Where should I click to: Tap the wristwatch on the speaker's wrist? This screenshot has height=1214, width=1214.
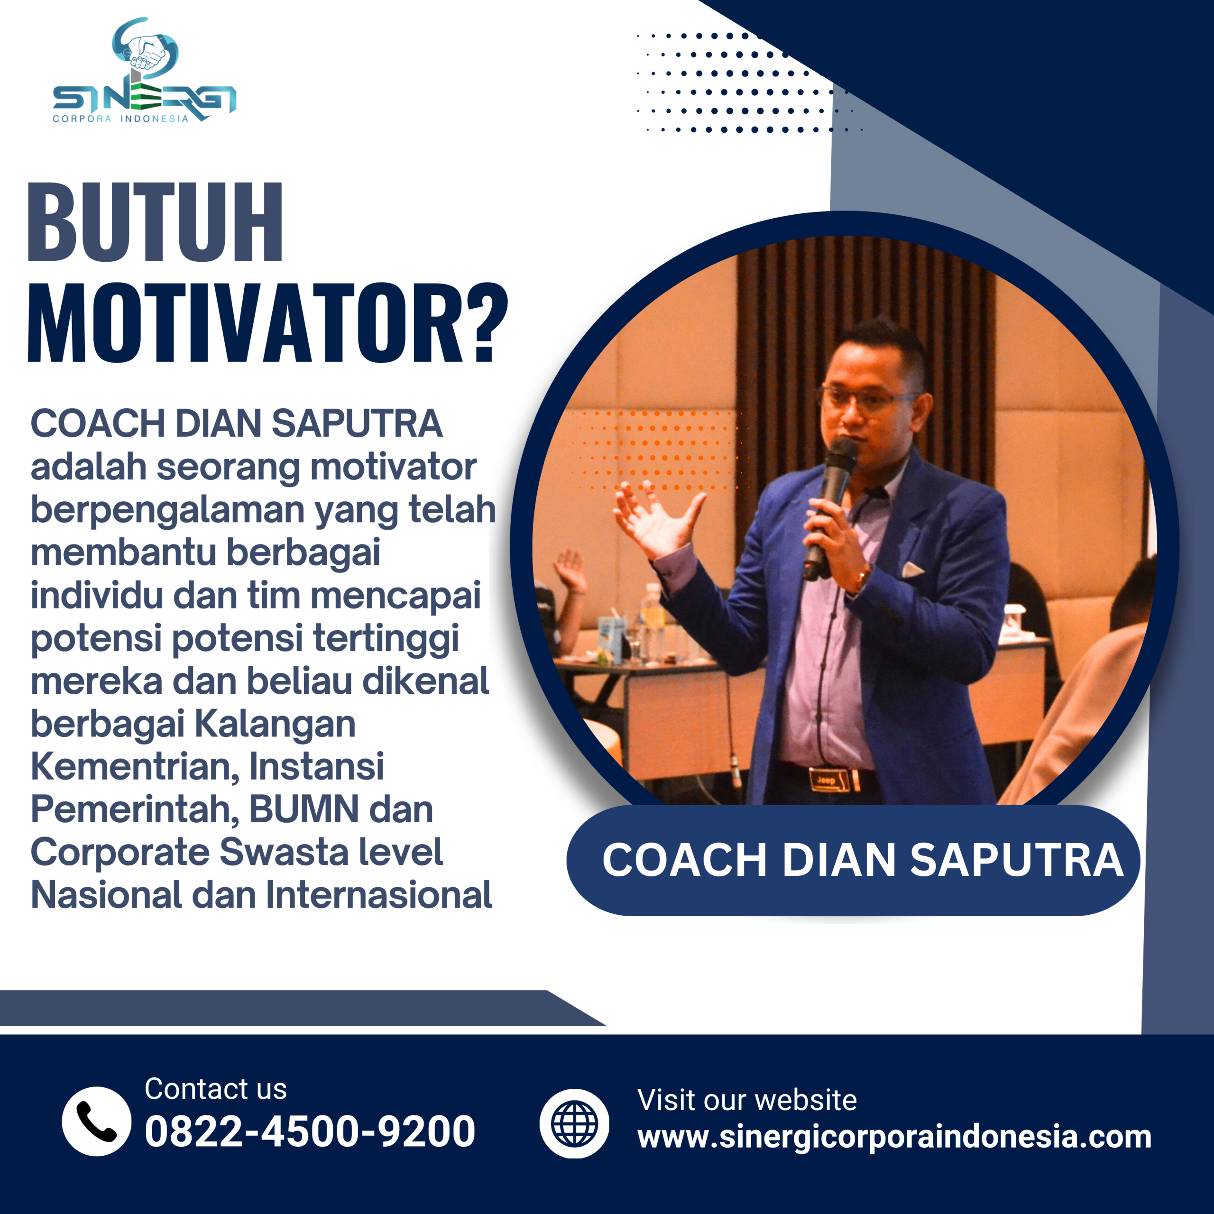862,576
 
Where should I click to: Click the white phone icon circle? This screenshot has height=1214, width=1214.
96,1121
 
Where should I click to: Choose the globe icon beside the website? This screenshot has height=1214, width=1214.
574,1123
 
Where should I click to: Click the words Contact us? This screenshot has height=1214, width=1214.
215,1089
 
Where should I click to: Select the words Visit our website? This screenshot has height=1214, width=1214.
746,1100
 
